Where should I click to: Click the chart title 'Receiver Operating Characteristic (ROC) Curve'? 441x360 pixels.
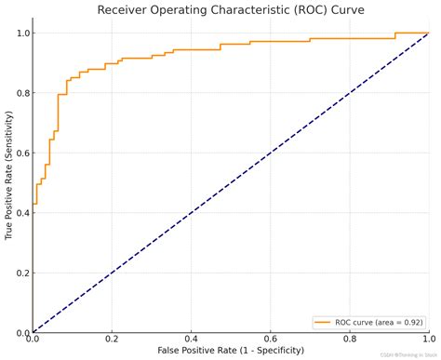pos(231,10)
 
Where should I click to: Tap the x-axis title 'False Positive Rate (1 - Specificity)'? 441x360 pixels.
pos(231,352)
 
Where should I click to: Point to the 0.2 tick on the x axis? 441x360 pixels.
pos(112,340)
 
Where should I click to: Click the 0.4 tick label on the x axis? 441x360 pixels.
pos(192,340)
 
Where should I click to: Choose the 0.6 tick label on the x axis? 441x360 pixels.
pos(271,340)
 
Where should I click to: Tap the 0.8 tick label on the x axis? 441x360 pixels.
pos(350,340)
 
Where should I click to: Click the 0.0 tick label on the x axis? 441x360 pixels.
pos(33,340)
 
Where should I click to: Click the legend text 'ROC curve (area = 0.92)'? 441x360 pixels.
pos(380,322)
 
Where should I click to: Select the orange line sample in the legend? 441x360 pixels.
pos(325,322)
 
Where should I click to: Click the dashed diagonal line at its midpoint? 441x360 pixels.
pos(231,182)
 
